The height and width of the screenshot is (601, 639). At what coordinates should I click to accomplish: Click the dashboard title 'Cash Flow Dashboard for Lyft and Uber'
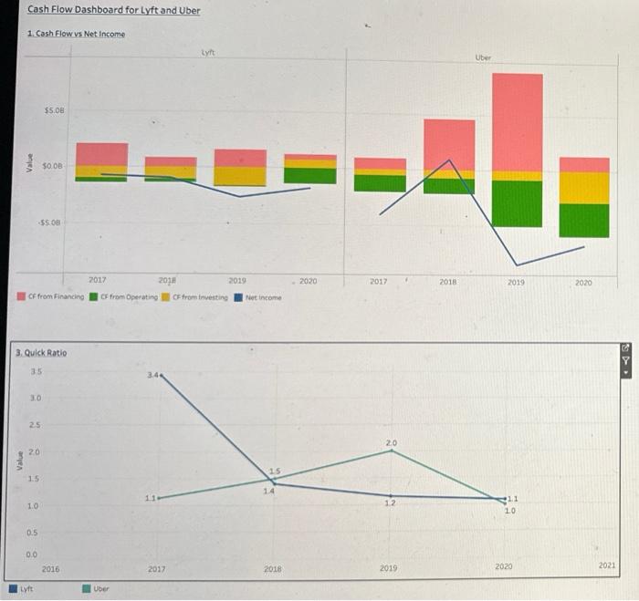(114, 10)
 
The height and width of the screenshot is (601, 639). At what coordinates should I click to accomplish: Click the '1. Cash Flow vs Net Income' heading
(77, 34)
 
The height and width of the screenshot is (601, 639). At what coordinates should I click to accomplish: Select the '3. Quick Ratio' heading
(40, 352)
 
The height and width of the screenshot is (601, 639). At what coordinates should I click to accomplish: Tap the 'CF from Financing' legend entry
(51, 296)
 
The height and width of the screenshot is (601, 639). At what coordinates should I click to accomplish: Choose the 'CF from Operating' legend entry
(123, 296)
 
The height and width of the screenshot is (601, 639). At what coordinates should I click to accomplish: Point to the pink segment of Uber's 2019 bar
(517, 121)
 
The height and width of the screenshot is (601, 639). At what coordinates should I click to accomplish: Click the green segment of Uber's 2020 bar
(584, 220)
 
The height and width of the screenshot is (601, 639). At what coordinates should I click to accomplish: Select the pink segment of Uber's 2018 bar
(449, 144)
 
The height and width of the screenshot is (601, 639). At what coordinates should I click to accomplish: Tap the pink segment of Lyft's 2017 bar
(101, 153)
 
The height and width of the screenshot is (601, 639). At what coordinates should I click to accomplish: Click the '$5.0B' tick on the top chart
(54, 110)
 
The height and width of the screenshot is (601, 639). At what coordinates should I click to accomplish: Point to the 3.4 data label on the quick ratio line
(152, 374)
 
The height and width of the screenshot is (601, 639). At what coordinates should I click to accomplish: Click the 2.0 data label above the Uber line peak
(391, 442)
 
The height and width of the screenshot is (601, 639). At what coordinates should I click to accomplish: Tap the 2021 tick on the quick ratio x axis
(607, 566)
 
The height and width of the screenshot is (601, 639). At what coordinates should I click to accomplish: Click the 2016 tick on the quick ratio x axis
(51, 568)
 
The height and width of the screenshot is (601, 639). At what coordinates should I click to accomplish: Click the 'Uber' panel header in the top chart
(483, 57)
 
